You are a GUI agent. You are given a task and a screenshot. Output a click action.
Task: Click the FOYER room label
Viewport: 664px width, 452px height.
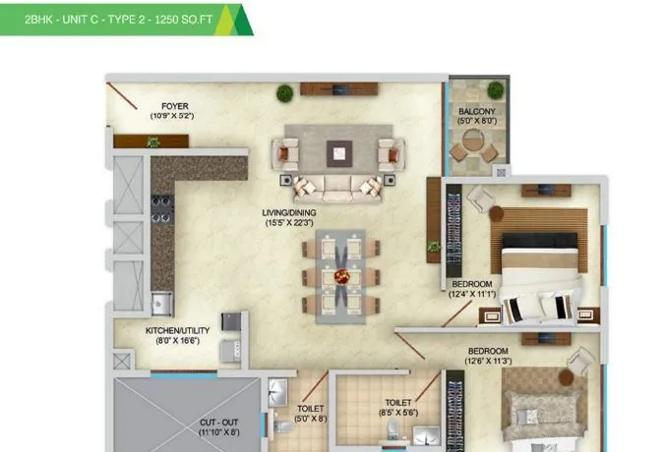[x=175, y=105]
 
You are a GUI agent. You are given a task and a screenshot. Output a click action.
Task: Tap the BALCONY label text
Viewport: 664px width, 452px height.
[x=476, y=111]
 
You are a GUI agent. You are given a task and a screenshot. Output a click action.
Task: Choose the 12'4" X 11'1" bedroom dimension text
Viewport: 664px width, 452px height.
[x=470, y=293]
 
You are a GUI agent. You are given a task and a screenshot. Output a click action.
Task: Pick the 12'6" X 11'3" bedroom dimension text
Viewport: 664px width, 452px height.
[x=488, y=361]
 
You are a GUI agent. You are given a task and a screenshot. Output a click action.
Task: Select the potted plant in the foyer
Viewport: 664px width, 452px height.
[x=152, y=142]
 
